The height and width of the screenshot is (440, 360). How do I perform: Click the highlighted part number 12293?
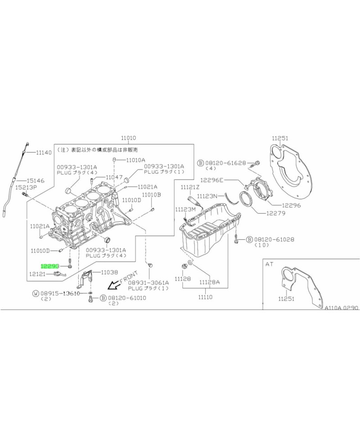coord(50,266)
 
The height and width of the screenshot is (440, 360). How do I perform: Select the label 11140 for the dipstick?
coord(44,153)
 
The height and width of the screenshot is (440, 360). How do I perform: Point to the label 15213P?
coord(27,187)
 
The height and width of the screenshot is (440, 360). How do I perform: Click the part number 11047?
coord(114,177)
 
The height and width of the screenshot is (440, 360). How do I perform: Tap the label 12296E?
coord(213,180)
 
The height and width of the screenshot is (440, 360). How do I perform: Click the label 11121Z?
coord(190,187)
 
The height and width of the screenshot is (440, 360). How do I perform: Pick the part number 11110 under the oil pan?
coord(206,297)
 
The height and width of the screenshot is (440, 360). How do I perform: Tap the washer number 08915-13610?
coord(60,293)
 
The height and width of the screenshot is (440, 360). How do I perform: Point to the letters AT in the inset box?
coord(270,265)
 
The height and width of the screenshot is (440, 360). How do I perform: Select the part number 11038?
coord(109,272)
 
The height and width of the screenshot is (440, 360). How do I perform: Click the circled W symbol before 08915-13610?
coord(36,293)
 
